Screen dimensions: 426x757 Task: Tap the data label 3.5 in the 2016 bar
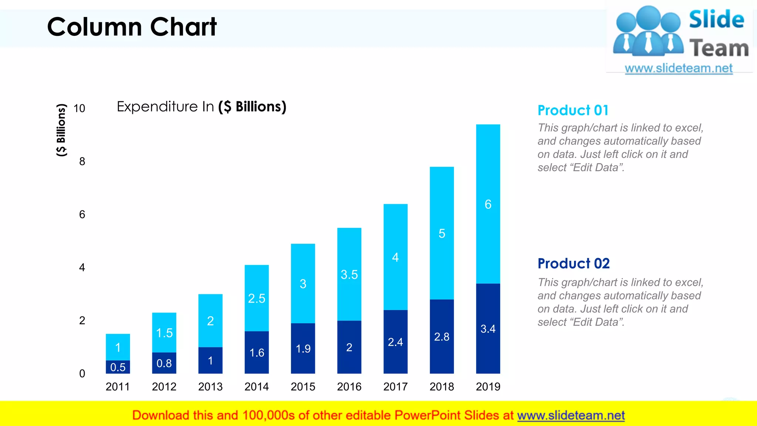tap(349, 275)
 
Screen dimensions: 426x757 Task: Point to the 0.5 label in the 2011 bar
tap(118, 367)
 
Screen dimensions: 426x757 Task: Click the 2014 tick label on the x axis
tap(257, 387)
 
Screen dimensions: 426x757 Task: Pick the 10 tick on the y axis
tap(79, 108)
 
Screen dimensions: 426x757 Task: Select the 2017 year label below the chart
tap(395, 387)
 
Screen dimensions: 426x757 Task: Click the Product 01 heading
tap(573, 110)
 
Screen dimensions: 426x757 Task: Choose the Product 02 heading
tap(574, 264)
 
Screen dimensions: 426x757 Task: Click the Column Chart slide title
tap(132, 27)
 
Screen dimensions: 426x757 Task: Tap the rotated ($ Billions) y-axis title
tap(61, 130)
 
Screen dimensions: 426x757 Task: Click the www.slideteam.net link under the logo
tap(678, 68)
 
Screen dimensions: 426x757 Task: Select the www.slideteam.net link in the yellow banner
tap(571, 415)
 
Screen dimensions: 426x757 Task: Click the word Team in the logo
tap(719, 48)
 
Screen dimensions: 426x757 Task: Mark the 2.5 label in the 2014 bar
tap(257, 298)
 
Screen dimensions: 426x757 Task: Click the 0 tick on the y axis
tap(82, 373)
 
